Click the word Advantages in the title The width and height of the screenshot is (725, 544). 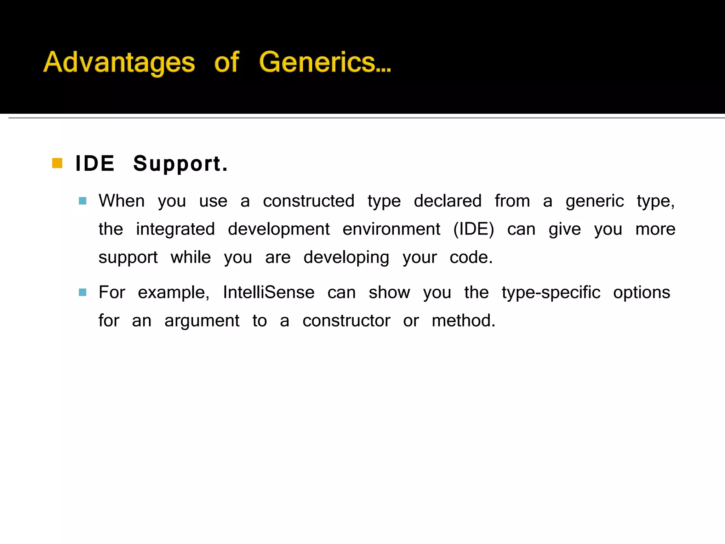click(119, 62)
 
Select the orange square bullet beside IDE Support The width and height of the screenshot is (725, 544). click(57, 163)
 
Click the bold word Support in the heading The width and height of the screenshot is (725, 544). click(180, 164)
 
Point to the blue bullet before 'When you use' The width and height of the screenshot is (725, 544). click(82, 201)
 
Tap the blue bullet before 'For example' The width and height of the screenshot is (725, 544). click(82, 293)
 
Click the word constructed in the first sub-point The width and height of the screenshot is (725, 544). click(308, 201)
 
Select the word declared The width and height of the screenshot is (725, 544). click(447, 201)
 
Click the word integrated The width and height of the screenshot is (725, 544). click(175, 229)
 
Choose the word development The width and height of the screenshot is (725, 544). click(279, 229)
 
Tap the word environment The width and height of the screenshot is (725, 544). click(391, 229)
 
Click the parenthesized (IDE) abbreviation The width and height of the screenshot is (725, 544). click(474, 229)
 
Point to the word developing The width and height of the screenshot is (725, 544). click(346, 257)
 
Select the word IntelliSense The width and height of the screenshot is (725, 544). click(269, 293)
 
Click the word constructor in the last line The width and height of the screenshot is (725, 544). click(346, 321)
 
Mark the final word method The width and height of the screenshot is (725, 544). click(463, 321)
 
